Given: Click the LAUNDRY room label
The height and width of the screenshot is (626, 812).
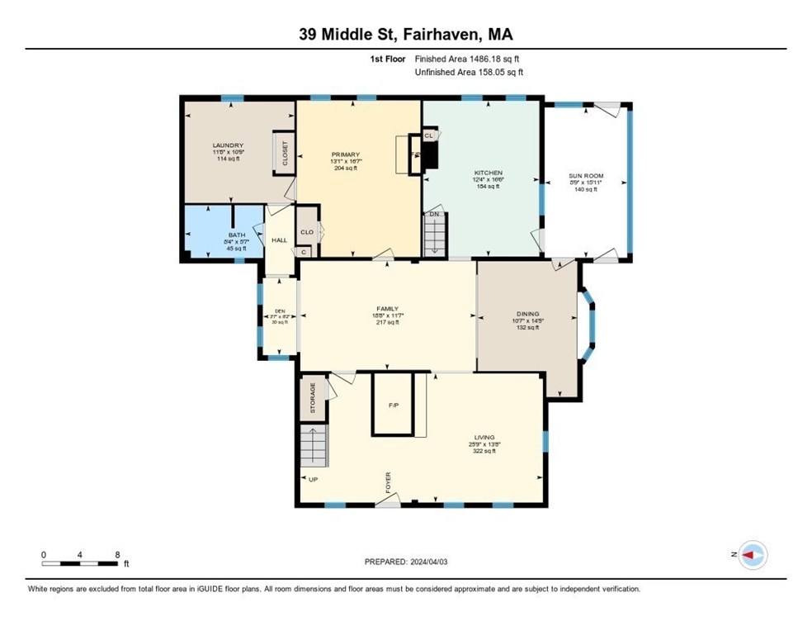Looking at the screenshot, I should (x=227, y=146).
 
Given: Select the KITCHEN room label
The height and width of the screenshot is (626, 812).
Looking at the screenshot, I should (x=488, y=173).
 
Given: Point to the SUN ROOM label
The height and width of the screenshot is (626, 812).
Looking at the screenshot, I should (x=587, y=176).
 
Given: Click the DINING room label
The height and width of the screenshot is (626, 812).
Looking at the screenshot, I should (x=527, y=314).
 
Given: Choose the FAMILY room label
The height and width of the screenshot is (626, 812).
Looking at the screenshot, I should (x=387, y=309).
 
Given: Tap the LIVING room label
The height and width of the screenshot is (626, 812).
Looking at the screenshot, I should (x=483, y=438).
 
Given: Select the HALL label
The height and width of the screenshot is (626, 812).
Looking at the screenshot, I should (x=280, y=240).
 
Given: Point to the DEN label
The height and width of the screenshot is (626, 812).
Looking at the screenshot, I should (x=279, y=311).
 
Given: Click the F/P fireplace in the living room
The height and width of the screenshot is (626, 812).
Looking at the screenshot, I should (x=394, y=405).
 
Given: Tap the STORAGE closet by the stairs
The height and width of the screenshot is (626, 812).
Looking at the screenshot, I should (x=313, y=397).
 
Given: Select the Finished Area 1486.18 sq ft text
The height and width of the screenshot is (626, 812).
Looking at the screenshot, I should (x=467, y=59).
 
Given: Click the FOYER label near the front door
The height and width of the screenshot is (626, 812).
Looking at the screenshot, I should (x=387, y=482).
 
